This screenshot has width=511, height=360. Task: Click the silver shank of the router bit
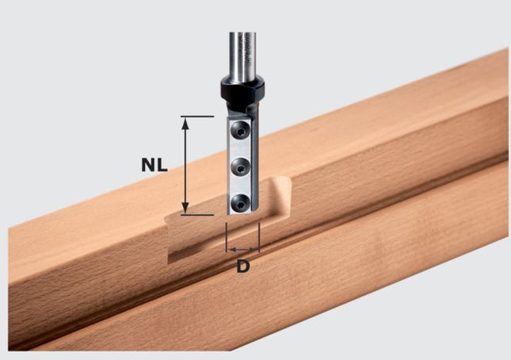point(241,52)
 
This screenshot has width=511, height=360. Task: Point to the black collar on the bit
point(241,94)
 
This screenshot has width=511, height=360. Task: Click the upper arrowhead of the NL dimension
point(185,121)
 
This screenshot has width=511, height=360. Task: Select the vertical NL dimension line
point(185,165)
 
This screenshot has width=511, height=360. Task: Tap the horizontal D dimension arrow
point(242,249)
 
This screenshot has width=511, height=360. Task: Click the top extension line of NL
point(198,117)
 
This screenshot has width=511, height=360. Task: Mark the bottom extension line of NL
point(198,214)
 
